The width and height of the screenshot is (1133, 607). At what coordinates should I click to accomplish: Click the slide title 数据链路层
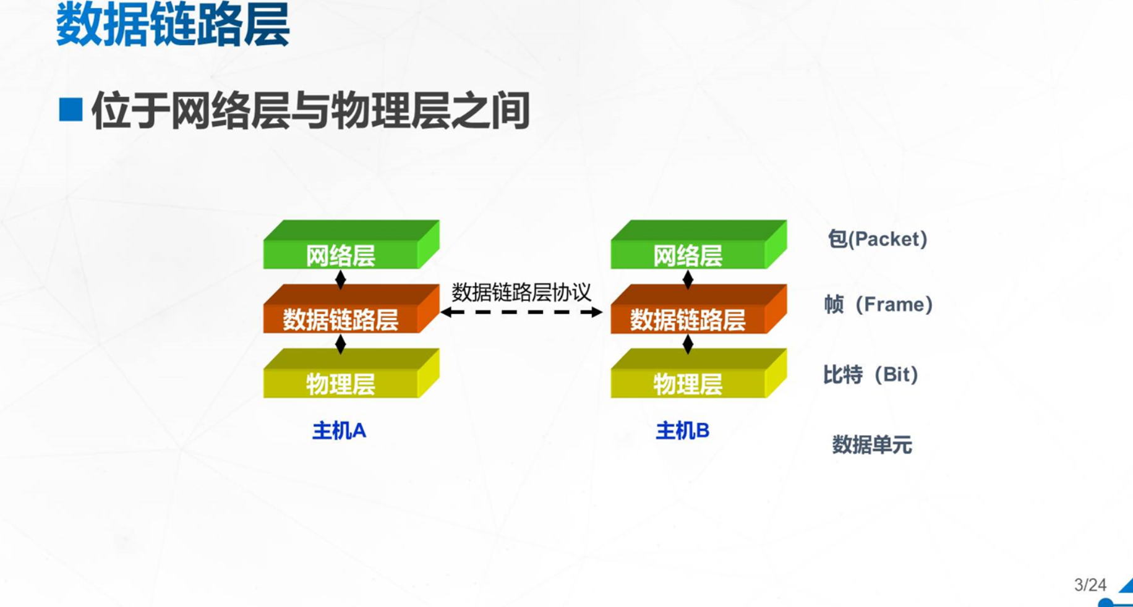173,25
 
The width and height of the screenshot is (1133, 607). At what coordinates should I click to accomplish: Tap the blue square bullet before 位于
71,109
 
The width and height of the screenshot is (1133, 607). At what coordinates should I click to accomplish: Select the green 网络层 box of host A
351,244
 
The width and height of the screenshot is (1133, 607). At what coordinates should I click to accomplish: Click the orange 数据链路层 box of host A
351,308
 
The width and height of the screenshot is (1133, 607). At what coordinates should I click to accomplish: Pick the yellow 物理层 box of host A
351,373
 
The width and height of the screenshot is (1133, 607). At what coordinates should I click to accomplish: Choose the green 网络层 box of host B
699,244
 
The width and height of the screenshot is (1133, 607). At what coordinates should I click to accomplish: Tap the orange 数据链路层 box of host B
699,308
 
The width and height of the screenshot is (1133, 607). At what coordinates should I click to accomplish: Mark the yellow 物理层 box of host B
699,373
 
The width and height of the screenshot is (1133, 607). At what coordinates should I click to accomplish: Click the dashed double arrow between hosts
521,312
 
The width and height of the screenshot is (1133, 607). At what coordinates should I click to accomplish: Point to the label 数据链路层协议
521,292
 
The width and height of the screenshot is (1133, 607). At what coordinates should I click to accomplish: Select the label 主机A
339,430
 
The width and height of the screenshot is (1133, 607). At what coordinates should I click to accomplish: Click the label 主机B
682,430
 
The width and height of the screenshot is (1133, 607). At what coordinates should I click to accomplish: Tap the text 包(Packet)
878,239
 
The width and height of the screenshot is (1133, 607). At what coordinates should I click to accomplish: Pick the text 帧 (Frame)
878,304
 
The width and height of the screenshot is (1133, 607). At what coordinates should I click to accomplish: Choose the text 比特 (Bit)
871,375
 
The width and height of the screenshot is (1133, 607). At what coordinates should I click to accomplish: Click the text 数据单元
872,444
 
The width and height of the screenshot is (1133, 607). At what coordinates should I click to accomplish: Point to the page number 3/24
1090,585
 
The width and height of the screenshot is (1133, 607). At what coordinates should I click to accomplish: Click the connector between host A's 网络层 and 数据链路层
340,279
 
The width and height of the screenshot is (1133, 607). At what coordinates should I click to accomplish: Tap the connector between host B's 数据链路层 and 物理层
688,344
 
